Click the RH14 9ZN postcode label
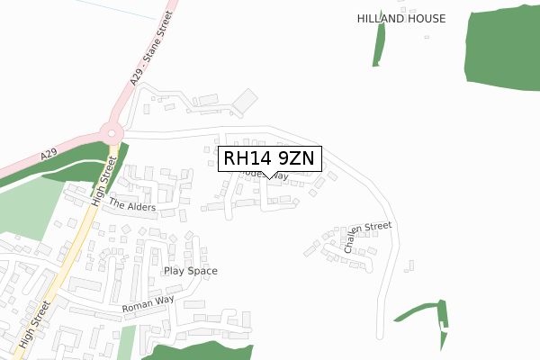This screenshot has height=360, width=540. [x=268, y=158]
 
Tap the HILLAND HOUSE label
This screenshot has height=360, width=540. [x=400, y=18]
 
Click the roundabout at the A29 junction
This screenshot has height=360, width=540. [x=112, y=133]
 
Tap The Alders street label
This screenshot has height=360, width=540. [x=132, y=205]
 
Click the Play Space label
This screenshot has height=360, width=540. [x=190, y=270]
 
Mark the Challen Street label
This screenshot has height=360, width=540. [x=367, y=238]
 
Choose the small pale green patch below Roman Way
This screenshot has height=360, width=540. [x=127, y=342]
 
